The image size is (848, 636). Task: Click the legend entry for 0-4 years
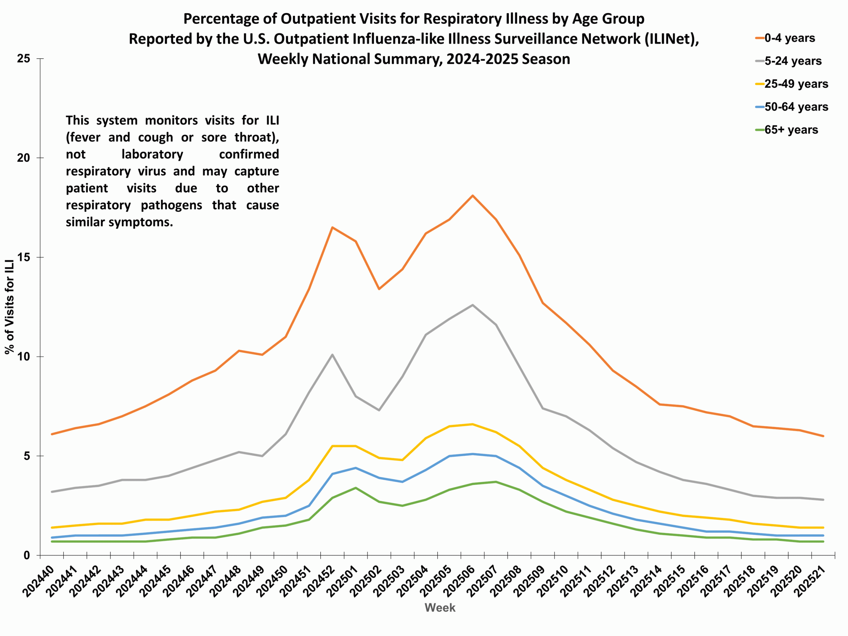pyautogui.click(x=789, y=38)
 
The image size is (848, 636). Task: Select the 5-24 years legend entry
pyautogui.click(x=792, y=61)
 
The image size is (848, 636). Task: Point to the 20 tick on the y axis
pyautogui.click(x=24, y=158)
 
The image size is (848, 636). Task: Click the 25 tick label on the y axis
pyautogui.click(x=24, y=59)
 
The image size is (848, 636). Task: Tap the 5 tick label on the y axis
pyautogui.click(x=26, y=456)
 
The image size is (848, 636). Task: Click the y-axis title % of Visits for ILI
pyautogui.click(x=10, y=307)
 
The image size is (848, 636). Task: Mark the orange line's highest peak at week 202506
pyautogui.click(x=473, y=195)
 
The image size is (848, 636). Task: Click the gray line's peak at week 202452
pyautogui.click(x=332, y=355)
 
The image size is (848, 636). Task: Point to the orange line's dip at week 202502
pyautogui.click(x=379, y=289)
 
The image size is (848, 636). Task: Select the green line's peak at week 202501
pyautogui.click(x=356, y=488)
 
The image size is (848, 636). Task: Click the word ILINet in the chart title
pyautogui.click(x=668, y=39)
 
